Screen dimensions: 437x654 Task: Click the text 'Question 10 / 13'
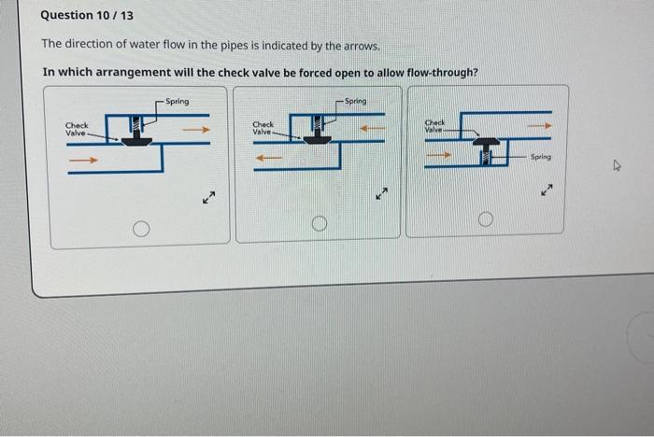81,15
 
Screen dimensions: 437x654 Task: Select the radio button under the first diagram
140,227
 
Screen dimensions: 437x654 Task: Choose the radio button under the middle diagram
319,223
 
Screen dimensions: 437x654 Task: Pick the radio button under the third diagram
484,219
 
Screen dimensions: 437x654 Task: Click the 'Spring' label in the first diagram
177,101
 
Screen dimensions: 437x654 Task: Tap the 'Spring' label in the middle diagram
356,100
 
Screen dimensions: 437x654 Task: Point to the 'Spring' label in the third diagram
541,158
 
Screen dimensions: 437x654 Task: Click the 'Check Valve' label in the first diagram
77,129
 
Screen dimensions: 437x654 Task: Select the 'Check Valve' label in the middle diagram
263,128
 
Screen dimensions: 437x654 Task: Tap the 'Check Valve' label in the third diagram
435,125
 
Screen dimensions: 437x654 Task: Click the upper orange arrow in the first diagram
194,131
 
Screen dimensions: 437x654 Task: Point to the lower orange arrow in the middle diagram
270,158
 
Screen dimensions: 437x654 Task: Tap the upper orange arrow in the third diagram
538,123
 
